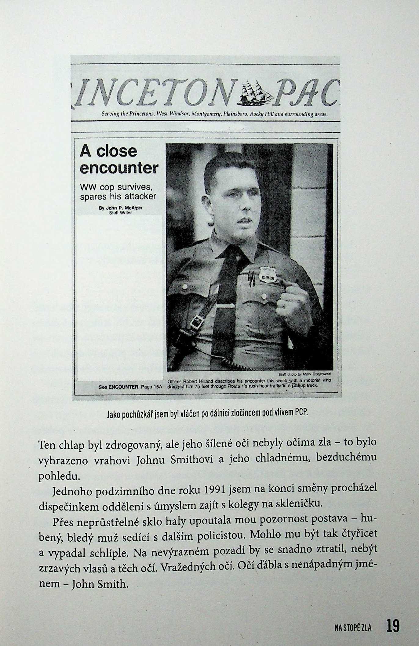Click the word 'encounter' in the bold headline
coord(119,168)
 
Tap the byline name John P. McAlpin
coord(121,208)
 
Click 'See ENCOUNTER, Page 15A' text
coord(129,387)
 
